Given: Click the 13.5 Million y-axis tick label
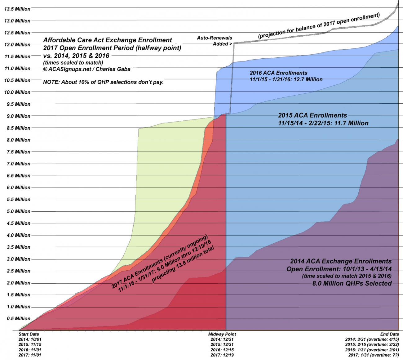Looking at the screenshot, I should point(17,9).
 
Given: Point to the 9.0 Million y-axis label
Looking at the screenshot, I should point(18,116).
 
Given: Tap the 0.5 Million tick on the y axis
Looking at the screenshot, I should point(18,319).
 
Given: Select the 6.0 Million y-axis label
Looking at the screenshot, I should point(18,188).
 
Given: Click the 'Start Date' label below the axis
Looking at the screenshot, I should point(29,334).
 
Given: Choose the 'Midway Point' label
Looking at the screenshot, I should point(222,334).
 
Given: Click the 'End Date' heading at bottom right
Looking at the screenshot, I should point(389,334).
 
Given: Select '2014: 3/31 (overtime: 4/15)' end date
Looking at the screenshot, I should point(372,339).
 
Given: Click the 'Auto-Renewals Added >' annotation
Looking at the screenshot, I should point(215,41).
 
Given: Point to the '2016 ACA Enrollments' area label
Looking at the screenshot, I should point(278,73).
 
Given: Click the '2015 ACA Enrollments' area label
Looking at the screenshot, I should point(312,115).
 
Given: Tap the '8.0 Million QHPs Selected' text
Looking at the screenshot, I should point(352,283).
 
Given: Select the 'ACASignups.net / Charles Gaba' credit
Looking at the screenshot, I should point(87,69).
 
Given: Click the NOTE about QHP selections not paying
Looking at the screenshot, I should point(103,83).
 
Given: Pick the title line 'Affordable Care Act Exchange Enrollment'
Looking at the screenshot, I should point(108,40).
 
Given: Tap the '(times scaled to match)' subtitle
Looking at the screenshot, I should point(73,63).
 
